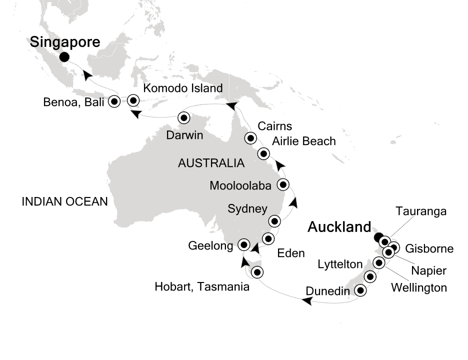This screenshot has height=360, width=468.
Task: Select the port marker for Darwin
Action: pyautogui.click(x=183, y=118)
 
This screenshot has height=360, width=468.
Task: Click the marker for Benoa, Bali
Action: pyautogui.click(x=114, y=101)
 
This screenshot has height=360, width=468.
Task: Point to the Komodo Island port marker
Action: pyautogui.click(x=133, y=100)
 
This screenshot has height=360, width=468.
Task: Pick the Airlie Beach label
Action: pyautogui.click(x=303, y=141)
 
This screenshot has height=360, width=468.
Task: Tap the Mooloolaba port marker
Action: pyautogui.click(x=283, y=184)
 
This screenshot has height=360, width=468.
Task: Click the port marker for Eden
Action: pyautogui.click(x=268, y=237)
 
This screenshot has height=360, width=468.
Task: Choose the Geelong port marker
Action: pyautogui.click(x=243, y=244)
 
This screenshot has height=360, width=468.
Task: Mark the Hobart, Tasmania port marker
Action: pyautogui.click(x=257, y=272)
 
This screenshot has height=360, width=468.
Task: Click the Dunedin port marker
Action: pyautogui.click(x=359, y=290)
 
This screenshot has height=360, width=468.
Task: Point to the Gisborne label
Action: pyautogui.click(x=429, y=248)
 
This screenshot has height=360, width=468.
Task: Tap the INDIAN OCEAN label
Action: pyautogui.click(x=64, y=201)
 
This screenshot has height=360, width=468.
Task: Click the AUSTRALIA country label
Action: pyautogui.click(x=211, y=163)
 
